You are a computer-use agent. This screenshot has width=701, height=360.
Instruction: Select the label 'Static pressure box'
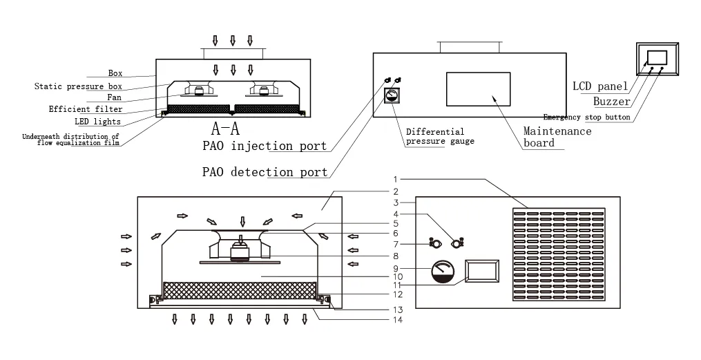coord(78,86)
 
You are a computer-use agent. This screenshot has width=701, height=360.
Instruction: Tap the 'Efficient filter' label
coord(86,109)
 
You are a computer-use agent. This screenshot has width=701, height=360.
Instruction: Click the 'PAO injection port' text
coord(265,146)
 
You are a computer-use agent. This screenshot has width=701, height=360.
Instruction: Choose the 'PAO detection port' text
coord(265,172)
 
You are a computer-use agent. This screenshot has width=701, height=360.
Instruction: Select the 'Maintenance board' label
coord(557,137)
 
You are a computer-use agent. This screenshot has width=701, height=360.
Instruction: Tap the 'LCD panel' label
coord(600,86)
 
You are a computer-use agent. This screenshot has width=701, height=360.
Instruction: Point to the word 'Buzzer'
coord(612,102)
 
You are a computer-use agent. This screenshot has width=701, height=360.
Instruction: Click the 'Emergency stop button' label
coord(586,117)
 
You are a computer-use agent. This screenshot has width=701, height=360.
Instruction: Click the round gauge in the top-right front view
coord(392,95)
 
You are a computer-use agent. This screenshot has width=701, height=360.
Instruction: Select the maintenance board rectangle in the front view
coord(478,88)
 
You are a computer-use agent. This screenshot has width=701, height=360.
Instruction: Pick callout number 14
coord(397,319)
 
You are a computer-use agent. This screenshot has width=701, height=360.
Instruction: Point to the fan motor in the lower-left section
coord(241,250)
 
